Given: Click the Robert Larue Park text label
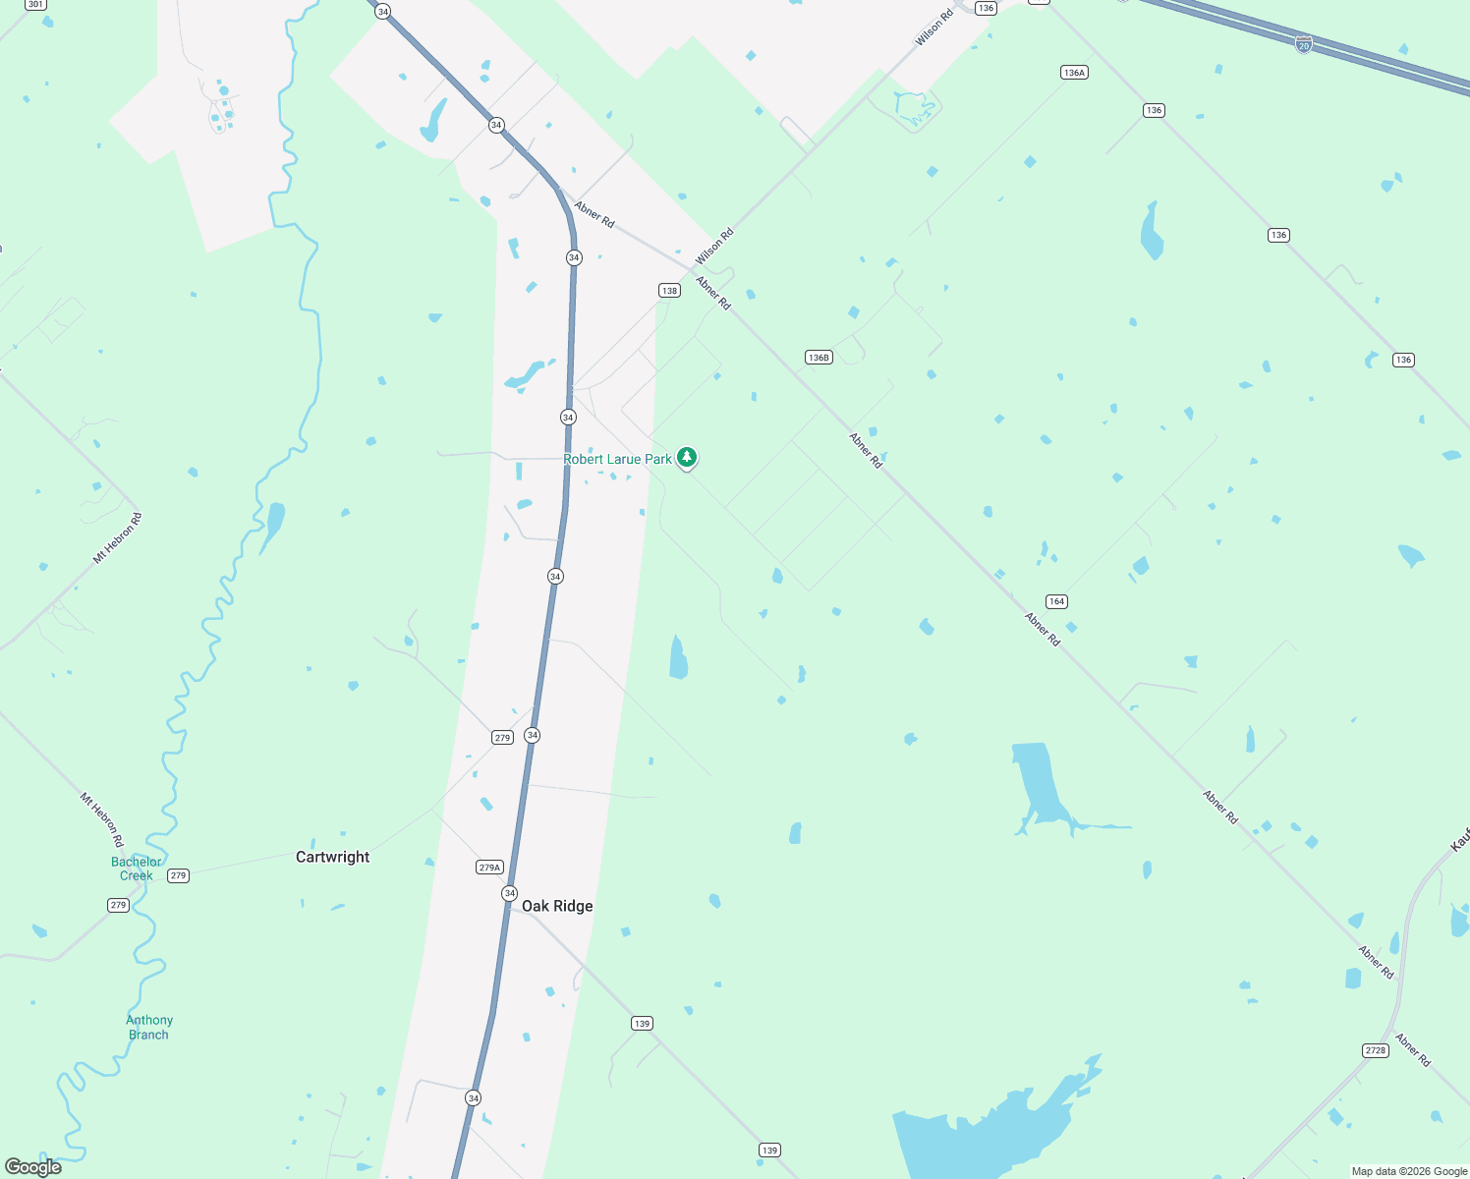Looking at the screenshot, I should [x=617, y=459].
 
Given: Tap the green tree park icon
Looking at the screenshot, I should [x=687, y=457].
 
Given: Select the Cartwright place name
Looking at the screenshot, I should [x=333, y=857].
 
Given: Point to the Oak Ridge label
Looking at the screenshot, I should [x=557, y=906].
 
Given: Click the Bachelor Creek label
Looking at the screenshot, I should [x=136, y=869].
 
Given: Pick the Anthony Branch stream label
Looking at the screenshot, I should [x=149, y=1028].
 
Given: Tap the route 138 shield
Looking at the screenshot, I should [x=669, y=290].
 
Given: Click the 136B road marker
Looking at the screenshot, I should [x=819, y=357].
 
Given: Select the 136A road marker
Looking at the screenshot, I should [x=1074, y=72].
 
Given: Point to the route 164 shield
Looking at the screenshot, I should [x=1056, y=601].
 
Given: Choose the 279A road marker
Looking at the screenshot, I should [x=489, y=867].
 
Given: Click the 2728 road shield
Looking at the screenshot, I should [x=1376, y=1050].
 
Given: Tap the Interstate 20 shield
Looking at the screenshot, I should [x=1303, y=44].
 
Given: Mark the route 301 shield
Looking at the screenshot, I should [x=35, y=4].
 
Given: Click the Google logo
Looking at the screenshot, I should [x=33, y=1167].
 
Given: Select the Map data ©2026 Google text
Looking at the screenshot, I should [x=1409, y=1171].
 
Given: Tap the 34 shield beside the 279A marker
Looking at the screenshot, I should [x=509, y=893].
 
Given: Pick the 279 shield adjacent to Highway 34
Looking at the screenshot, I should [x=502, y=737].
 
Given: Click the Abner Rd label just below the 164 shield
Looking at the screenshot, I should [x=1043, y=629].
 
